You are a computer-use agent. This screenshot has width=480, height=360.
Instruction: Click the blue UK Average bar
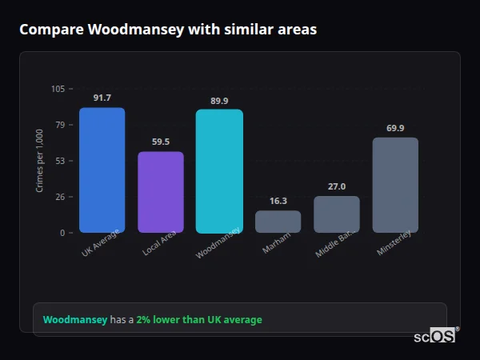tap(102, 170)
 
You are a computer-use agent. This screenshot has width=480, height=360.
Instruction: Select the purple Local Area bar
tap(160, 192)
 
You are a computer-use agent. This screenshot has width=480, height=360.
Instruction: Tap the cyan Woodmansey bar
tap(219, 171)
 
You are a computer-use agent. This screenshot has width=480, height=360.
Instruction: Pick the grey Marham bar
tap(278, 222)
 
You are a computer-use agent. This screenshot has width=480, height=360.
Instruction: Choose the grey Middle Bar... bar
tap(337, 214)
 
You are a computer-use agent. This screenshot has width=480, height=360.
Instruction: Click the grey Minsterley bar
tap(395, 185)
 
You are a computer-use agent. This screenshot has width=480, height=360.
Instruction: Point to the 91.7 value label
tap(102, 98)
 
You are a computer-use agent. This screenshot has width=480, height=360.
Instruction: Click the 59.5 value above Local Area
tap(160, 142)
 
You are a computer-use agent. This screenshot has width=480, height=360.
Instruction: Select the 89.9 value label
tap(219, 100)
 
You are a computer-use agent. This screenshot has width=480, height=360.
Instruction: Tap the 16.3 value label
tap(278, 201)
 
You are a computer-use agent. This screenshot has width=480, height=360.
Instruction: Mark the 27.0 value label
tap(337, 186)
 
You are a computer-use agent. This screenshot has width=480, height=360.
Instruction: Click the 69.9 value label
tap(395, 128)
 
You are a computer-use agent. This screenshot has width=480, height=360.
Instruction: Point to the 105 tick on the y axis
tap(58, 89)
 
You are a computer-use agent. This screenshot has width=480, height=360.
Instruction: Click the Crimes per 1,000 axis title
tap(39, 161)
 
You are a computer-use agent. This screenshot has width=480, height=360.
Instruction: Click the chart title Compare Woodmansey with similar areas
tap(168, 30)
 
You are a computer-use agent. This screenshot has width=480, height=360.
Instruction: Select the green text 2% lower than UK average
tap(198, 319)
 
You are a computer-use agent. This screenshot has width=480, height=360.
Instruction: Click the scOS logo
tap(435, 336)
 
